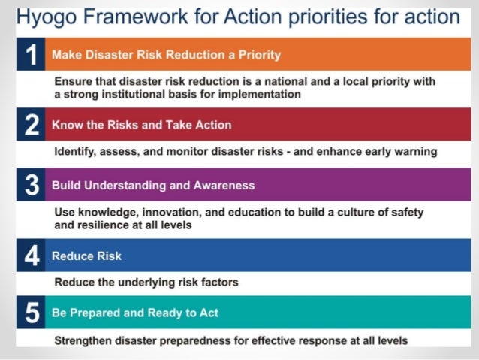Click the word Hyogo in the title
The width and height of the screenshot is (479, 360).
point(44,17)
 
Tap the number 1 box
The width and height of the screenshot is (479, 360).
point(30,55)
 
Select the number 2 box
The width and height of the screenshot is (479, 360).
point(30,125)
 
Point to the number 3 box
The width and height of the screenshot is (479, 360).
point(30,186)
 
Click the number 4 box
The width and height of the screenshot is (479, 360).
point(30,256)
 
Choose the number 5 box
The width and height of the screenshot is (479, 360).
point(30,313)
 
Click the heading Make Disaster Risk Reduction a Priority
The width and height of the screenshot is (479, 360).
point(165,55)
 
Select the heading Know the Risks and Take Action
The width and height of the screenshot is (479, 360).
point(141,125)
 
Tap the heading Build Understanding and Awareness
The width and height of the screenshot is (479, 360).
point(153,186)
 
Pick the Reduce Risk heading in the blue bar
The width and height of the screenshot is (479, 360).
point(86,256)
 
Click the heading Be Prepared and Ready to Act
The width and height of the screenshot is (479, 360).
point(135,313)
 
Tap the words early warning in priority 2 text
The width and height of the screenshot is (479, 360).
point(402,151)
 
